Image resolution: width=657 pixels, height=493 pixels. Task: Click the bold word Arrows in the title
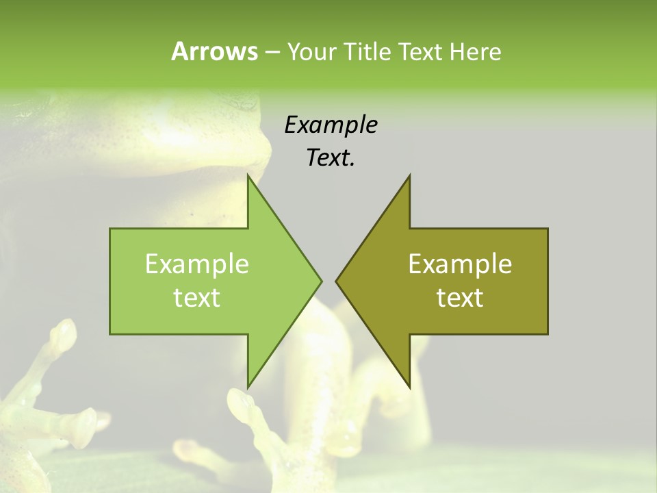tap(214, 51)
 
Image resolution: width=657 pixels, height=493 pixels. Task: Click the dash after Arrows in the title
tap(272, 52)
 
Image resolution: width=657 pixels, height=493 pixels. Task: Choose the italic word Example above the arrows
tap(331, 125)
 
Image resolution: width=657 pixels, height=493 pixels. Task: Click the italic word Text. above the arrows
tap(331, 157)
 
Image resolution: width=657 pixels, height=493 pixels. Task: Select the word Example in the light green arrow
tap(196, 264)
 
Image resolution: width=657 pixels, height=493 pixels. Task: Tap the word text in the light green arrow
tap(196, 298)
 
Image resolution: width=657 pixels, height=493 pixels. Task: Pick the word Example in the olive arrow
tap(460, 264)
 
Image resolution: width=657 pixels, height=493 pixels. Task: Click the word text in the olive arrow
tap(460, 298)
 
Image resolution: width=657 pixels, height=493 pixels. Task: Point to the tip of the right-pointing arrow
tap(321, 281)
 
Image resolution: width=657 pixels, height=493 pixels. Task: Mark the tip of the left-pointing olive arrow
tap(336, 281)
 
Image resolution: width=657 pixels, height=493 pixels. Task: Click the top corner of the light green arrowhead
tap(248, 175)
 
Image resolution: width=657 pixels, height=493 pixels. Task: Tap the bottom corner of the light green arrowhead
tap(248, 388)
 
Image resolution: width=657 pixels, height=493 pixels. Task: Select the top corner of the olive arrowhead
tap(409, 175)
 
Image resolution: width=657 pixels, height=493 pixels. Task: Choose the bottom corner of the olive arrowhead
tap(409, 388)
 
